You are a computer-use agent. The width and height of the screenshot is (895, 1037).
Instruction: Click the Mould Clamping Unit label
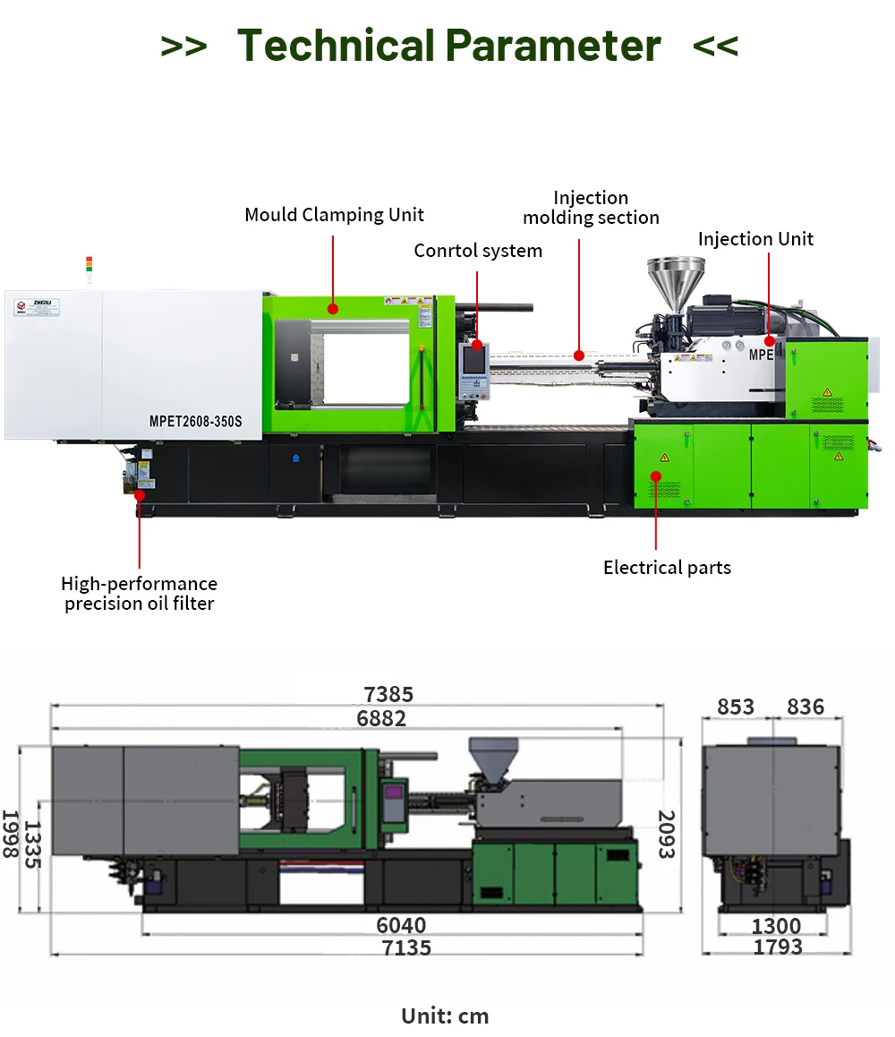click(x=334, y=215)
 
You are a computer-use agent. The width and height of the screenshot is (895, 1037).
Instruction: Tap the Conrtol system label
click(x=478, y=251)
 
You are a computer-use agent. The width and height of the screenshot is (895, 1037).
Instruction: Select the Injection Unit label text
click(x=755, y=239)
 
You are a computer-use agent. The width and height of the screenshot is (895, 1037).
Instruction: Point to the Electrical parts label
click(x=667, y=568)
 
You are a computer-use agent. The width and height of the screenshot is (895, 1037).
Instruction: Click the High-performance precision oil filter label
click(x=139, y=594)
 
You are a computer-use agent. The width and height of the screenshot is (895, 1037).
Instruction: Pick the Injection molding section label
click(x=591, y=208)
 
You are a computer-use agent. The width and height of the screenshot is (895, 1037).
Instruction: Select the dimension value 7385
click(x=388, y=695)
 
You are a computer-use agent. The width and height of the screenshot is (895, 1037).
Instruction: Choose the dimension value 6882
click(x=381, y=718)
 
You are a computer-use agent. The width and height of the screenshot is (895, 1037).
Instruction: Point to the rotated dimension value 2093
click(x=667, y=835)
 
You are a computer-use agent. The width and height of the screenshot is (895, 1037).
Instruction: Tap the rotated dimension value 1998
click(x=10, y=835)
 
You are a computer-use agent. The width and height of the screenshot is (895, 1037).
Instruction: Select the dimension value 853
click(x=736, y=707)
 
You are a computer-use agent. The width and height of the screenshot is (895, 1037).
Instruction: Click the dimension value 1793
click(x=777, y=947)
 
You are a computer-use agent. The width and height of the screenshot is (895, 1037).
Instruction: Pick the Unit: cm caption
click(x=445, y=1016)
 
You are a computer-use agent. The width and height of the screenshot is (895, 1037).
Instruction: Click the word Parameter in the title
click(x=552, y=45)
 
